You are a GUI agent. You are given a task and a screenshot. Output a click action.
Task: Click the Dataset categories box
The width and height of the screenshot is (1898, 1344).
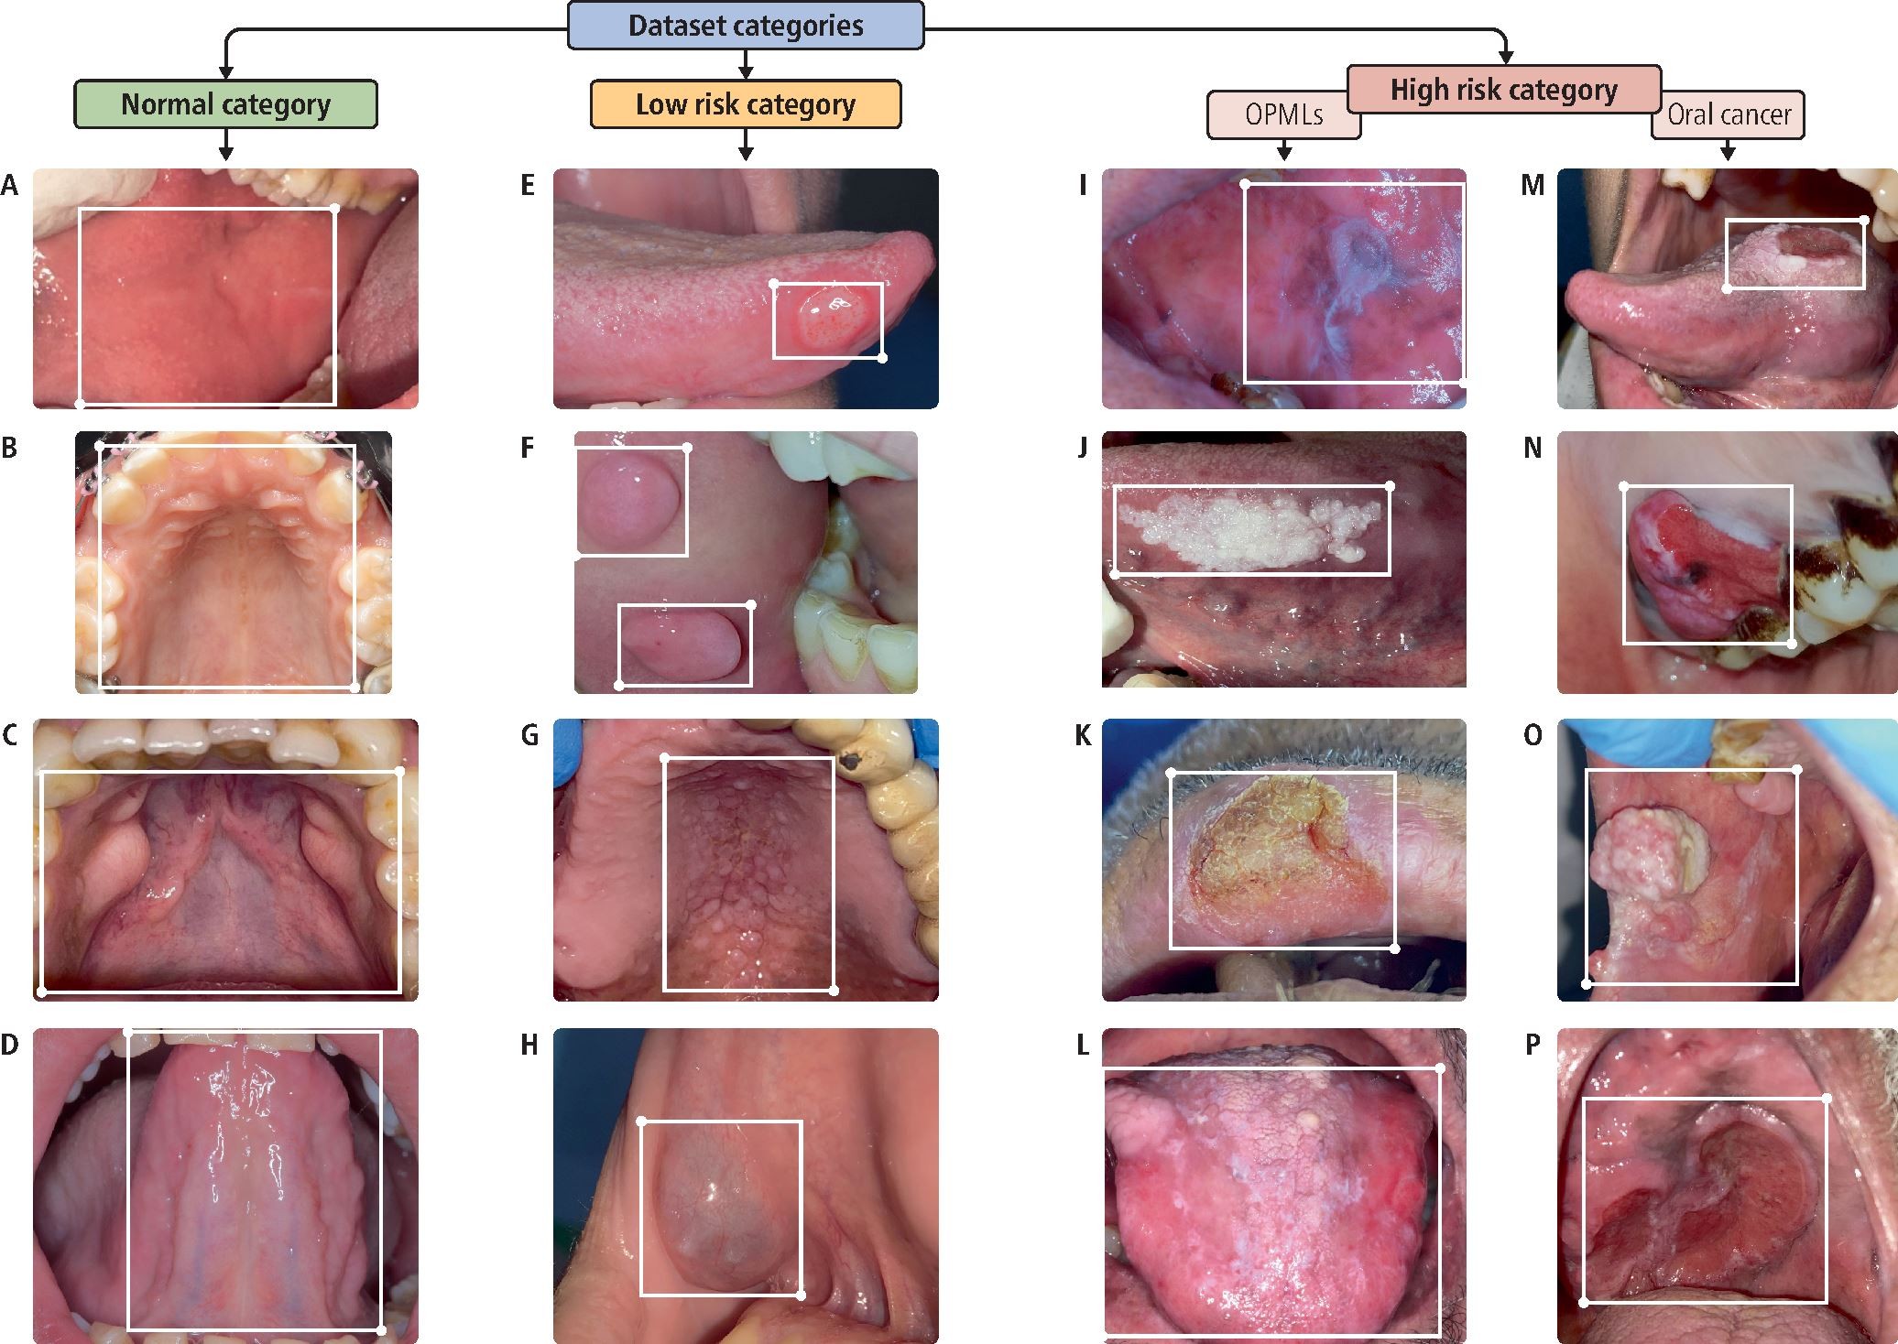(746, 26)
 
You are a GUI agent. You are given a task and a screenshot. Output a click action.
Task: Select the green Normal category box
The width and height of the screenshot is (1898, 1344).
(225, 104)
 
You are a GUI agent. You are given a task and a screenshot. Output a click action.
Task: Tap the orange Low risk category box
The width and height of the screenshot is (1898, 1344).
(746, 104)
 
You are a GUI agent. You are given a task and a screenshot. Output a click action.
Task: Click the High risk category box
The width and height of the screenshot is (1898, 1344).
(1503, 89)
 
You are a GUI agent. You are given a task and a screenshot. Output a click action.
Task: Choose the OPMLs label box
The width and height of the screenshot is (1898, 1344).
(1282, 116)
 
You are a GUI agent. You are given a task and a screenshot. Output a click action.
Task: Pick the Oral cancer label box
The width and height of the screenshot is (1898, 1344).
(1729, 115)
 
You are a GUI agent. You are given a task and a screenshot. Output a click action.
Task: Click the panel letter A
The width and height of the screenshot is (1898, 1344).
(9, 186)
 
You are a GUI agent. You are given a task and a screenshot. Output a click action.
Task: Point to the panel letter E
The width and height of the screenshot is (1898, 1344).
(528, 186)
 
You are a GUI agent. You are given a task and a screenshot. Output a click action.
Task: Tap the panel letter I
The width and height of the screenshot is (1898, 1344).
(1083, 186)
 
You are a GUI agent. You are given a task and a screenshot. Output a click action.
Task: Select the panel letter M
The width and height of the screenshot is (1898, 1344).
(1533, 186)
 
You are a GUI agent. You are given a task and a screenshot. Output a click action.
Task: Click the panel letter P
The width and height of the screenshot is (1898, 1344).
(1533, 1045)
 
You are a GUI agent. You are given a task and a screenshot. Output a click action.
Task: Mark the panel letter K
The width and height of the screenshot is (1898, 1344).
(1083, 735)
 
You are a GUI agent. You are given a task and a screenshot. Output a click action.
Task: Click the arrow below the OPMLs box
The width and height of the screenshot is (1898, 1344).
(1283, 150)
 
